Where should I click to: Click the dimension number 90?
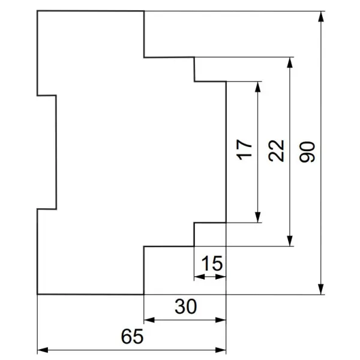[307, 152]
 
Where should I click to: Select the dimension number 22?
[276, 151]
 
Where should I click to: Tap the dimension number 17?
[244, 149]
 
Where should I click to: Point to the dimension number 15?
[212, 263]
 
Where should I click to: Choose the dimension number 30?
[186, 306]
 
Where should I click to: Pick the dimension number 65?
[132, 337]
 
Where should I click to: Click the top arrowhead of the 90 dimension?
[321, 17]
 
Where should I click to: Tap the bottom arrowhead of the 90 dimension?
[321, 289]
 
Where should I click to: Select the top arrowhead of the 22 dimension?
[290, 62]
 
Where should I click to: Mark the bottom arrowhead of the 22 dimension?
[290, 241]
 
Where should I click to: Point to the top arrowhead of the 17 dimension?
[258, 87]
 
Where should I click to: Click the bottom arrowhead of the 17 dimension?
[258, 217]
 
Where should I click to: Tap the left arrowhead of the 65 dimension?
[43, 350]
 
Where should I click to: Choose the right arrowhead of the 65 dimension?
[221, 350]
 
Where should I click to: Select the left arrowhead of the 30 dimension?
[149, 320]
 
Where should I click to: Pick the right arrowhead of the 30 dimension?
[221, 320]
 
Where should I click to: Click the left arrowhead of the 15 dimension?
[200, 277]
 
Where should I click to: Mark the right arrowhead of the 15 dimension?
[221, 277]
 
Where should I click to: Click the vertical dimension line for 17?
[258, 152]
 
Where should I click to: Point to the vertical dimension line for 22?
[290, 152]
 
